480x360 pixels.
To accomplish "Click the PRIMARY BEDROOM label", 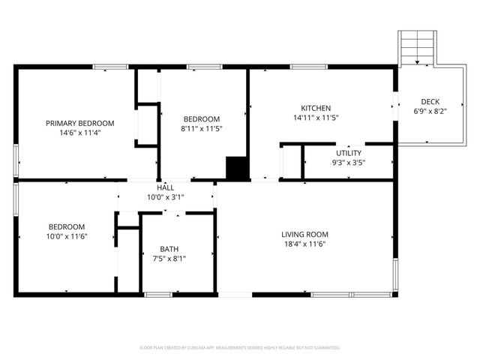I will pos(79,123).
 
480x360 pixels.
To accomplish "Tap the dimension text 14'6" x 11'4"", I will pos(79,133).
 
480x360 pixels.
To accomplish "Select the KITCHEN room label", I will pos(316,108).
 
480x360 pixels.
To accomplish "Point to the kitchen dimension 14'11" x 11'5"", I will pos(316,118).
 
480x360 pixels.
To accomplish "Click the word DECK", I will pos(430,102).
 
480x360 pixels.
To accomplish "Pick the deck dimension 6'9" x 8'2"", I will pos(430,111).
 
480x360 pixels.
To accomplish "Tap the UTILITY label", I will pos(348,153).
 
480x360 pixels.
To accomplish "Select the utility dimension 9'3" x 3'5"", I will pos(348,162).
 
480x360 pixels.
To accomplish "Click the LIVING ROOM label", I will pos(304,234).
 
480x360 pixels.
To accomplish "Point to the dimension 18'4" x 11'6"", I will pos(304,244).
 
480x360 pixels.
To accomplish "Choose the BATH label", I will pos(169,249).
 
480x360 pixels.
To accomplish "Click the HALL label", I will pos(166,187).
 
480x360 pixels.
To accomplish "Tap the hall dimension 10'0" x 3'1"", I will pos(166,197).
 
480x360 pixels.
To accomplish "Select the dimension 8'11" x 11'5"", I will pos(202,129).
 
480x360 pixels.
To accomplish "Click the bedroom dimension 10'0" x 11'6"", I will pos(67,236).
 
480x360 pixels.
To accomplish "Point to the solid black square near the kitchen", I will pos(237,168).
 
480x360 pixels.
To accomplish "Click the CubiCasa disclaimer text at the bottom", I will pos(240,348).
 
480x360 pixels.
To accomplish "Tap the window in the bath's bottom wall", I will pos(157,295).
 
